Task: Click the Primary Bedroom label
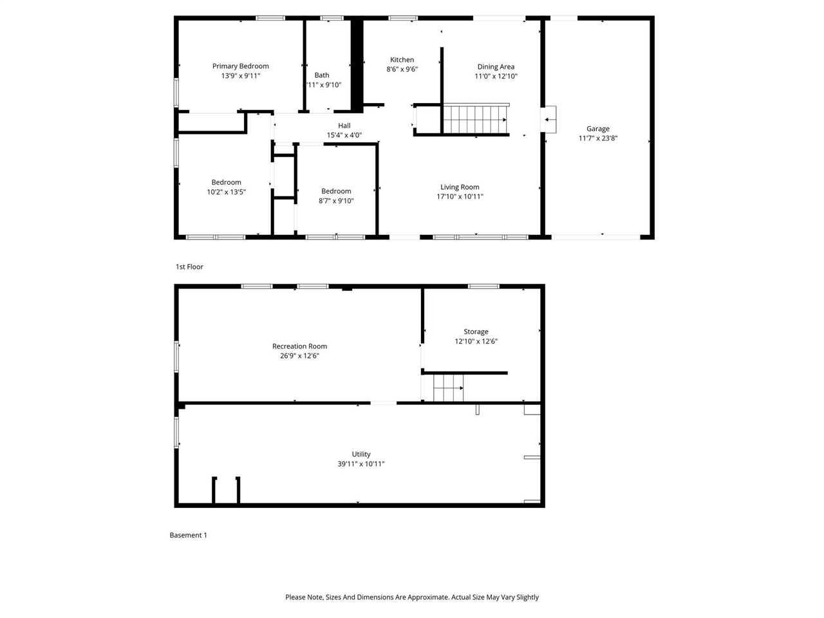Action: [x=240, y=66]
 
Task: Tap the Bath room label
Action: [x=322, y=75]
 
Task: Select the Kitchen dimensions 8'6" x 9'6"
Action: [x=402, y=70]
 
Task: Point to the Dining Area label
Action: [x=496, y=66]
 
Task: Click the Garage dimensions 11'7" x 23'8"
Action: [x=597, y=138]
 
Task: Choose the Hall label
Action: [x=344, y=126]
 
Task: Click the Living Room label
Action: [x=460, y=187]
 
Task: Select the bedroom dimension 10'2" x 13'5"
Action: [x=226, y=192]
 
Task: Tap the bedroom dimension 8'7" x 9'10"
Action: [x=336, y=201]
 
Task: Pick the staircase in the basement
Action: [x=448, y=389]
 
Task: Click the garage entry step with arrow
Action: [x=549, y=120]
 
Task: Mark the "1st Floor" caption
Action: [x=189, y=267]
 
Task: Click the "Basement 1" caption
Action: [x=188, y=535]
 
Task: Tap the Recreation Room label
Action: [x=299, y=346]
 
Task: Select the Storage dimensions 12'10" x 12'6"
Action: [x=476, y=342]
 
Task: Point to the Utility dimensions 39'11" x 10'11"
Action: [x=360, y=464]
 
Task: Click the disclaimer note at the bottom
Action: [x=412, y=597]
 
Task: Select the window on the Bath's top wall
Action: [x=332, y=18]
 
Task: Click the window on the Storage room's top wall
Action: [x=483, y=286]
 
